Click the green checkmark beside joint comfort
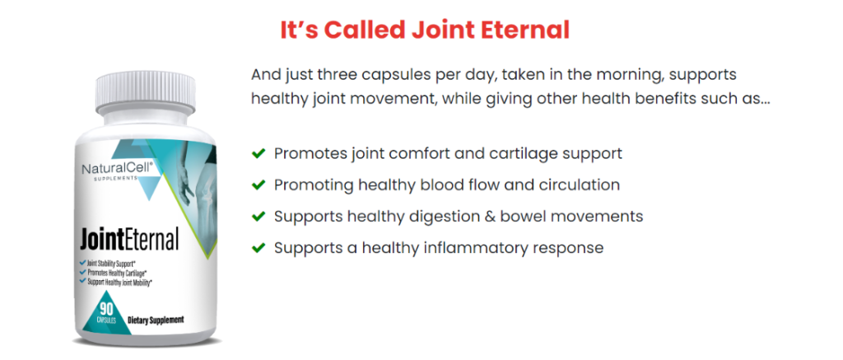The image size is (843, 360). [x=258, y=153]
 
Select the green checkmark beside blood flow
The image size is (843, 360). [x=258, y=185]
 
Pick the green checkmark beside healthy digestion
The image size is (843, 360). [x=258, y=217]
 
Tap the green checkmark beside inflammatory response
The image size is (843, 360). [x=258, y=247]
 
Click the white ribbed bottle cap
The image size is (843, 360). [x=145, y=91]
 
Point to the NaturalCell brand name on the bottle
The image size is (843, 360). [x=118, y=168]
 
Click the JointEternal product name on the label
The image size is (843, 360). [x=129, y=240]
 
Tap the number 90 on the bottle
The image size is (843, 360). [x=106, y=310]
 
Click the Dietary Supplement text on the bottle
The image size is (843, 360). [x=156, y=320]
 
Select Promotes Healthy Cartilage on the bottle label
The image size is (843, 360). [x=117, y=273]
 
